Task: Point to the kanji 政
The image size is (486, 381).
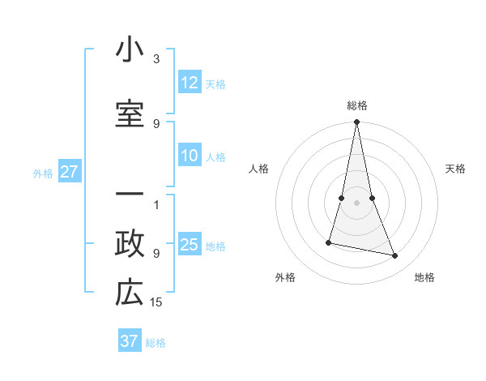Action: [130, 242]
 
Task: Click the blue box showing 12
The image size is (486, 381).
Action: [190, 83]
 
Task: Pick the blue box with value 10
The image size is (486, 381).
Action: [190, 156]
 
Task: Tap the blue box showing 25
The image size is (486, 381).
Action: [190, 245]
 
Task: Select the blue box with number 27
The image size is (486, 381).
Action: [69, 172]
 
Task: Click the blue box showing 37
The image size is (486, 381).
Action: [130, 341]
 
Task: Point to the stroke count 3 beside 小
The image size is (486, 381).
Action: [156, 59]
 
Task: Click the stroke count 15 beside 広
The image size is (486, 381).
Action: [157, 302]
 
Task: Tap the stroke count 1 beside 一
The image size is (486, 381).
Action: [156, 204]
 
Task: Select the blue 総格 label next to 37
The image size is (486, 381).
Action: [156, 343]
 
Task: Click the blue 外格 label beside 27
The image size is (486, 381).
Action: [43, 173]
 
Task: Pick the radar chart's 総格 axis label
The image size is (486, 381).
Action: [356, 105]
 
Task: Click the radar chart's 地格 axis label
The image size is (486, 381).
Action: [424, 277]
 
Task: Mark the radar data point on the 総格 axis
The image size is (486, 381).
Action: [356, 122]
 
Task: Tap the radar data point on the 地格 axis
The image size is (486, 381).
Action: [395, 256]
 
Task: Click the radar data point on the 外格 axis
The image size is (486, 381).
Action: [329, 242]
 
